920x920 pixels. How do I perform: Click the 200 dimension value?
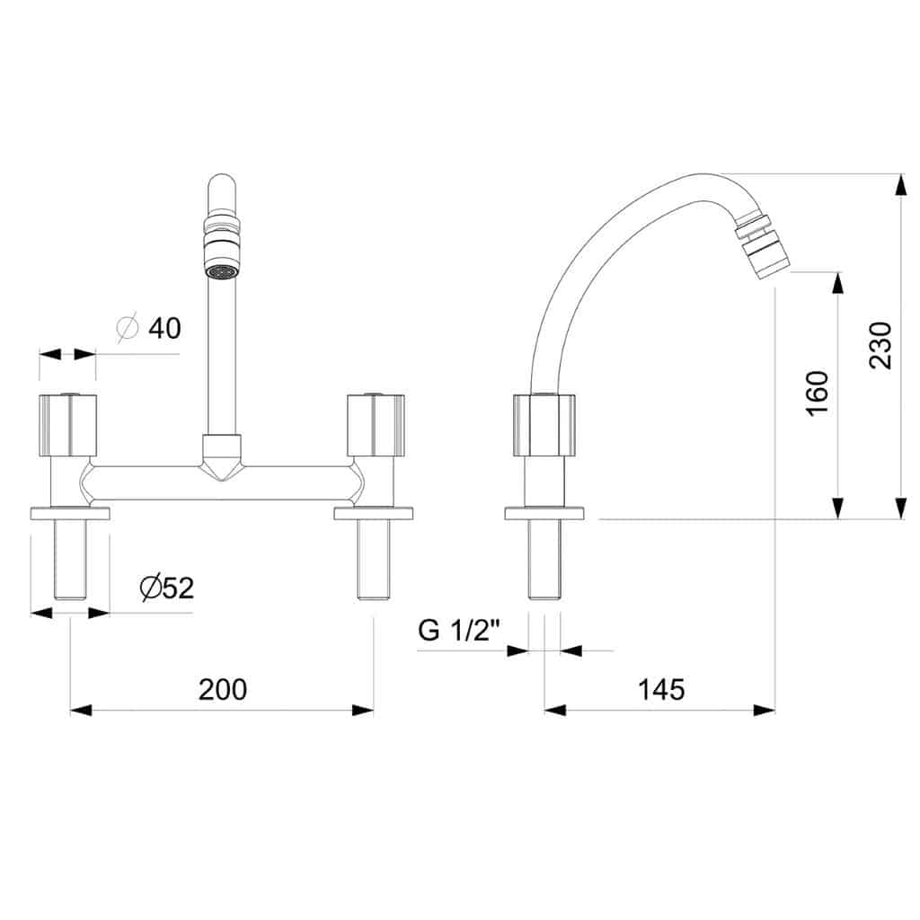click(223, 689)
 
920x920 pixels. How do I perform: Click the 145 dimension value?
click(661, 689)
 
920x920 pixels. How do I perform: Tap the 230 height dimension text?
click(880, 345)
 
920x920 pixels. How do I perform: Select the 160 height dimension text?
click(818, 394)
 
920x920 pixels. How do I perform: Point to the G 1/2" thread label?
click(459, 630)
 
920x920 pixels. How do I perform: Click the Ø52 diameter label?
click(167, 588)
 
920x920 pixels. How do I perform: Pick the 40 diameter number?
click(165, 328)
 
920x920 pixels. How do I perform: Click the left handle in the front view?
click(68, 425)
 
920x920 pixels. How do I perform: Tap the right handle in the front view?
click(376, 425)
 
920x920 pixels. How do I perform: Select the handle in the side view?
click(544, 425)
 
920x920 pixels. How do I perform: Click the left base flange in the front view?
click(70, 513)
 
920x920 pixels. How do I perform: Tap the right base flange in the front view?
click(374, 513)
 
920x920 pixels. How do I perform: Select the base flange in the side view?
click(544, 513)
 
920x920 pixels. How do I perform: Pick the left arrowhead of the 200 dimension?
click(81, 710)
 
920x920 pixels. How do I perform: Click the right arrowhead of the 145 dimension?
click(764, 710)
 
